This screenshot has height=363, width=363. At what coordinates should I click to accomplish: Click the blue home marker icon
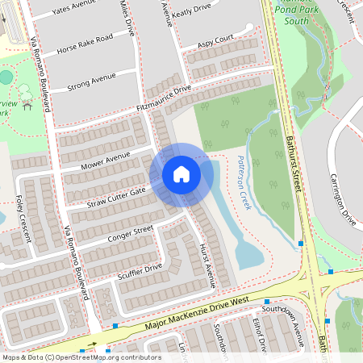[181, 174]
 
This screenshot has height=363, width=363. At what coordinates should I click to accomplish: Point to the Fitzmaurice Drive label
[164, 98]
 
